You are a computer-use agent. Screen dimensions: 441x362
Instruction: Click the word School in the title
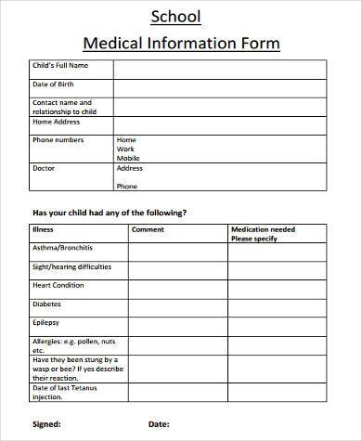tap(181, 18)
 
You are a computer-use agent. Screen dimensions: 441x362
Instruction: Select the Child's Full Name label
tap(61, 66)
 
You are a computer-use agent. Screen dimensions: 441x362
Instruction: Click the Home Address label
tap(57, 122)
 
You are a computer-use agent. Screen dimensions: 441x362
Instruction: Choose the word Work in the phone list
tap(125, 148)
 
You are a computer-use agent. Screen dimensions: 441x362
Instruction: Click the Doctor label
tap(45, 168)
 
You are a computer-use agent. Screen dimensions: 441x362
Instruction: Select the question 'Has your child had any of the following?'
tap(110, 212)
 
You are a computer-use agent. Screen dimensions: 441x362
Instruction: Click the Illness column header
tap(44, 229)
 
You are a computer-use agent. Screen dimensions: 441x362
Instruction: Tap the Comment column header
tap(148, 229)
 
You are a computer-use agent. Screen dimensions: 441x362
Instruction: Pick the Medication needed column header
tap(263, 229)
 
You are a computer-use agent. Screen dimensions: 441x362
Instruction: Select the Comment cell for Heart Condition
tap(177, 286)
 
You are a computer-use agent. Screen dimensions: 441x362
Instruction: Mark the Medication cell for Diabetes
tap(277, 305)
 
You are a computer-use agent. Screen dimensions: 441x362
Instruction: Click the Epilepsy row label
tap(46, 322)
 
